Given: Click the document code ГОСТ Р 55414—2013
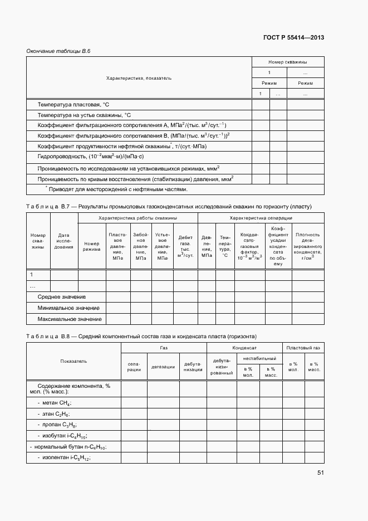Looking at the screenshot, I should click(x=293, y=38).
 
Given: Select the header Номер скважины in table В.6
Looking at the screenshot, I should click(x=287, y=62).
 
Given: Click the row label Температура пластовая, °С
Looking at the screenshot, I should click(x=73, y=105).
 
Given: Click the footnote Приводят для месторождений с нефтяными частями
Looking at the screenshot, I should click(x=115, y=189).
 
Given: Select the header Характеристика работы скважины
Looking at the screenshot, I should click(x=138, y=218).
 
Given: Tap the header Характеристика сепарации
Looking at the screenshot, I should click(x=261, y=218).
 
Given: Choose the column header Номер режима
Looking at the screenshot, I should click(x=91, y=246).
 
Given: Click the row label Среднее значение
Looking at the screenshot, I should click(x=61, y=297).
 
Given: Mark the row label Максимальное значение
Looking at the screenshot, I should click(x=69, y=319).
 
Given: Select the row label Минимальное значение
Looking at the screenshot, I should click(x=68, y=308).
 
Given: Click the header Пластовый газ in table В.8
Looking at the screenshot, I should click(x=303, y=347).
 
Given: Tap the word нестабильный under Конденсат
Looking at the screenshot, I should click(x=259, y=358).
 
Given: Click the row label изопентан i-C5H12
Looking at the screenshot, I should click(x=64, y=457).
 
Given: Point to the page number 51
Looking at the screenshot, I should click(x=320, y=473).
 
